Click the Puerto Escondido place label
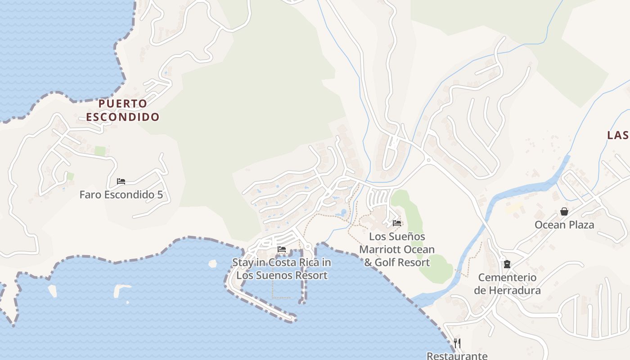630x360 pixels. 122,110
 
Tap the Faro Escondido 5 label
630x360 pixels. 121,195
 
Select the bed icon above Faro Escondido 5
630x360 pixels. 121,181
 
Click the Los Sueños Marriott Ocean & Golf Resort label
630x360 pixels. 397,249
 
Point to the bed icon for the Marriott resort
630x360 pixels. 396,223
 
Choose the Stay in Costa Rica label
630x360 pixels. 282,269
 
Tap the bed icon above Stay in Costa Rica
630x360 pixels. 282,249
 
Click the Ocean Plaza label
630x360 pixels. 564,225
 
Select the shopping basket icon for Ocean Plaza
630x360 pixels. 564,211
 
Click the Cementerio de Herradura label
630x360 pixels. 507,283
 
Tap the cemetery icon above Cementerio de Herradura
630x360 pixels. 507,264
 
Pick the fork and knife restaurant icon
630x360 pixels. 457,343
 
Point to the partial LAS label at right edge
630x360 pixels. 618,135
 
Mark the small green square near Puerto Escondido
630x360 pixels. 100,151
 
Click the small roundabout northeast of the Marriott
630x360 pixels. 428,160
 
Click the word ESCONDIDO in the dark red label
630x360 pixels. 122,117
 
